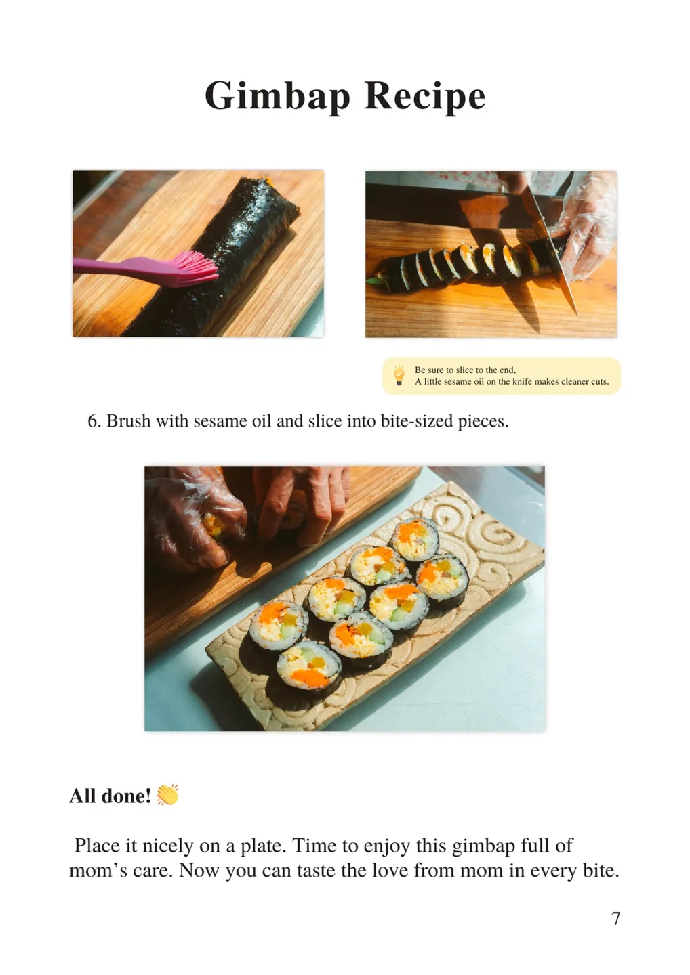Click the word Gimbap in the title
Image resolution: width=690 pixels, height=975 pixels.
tap(277, 97)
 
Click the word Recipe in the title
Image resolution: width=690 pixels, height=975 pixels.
tap(425, 97)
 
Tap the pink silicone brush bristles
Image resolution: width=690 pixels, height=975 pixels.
tap(193, 269)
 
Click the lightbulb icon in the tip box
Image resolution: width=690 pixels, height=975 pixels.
tap(399, 375)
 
